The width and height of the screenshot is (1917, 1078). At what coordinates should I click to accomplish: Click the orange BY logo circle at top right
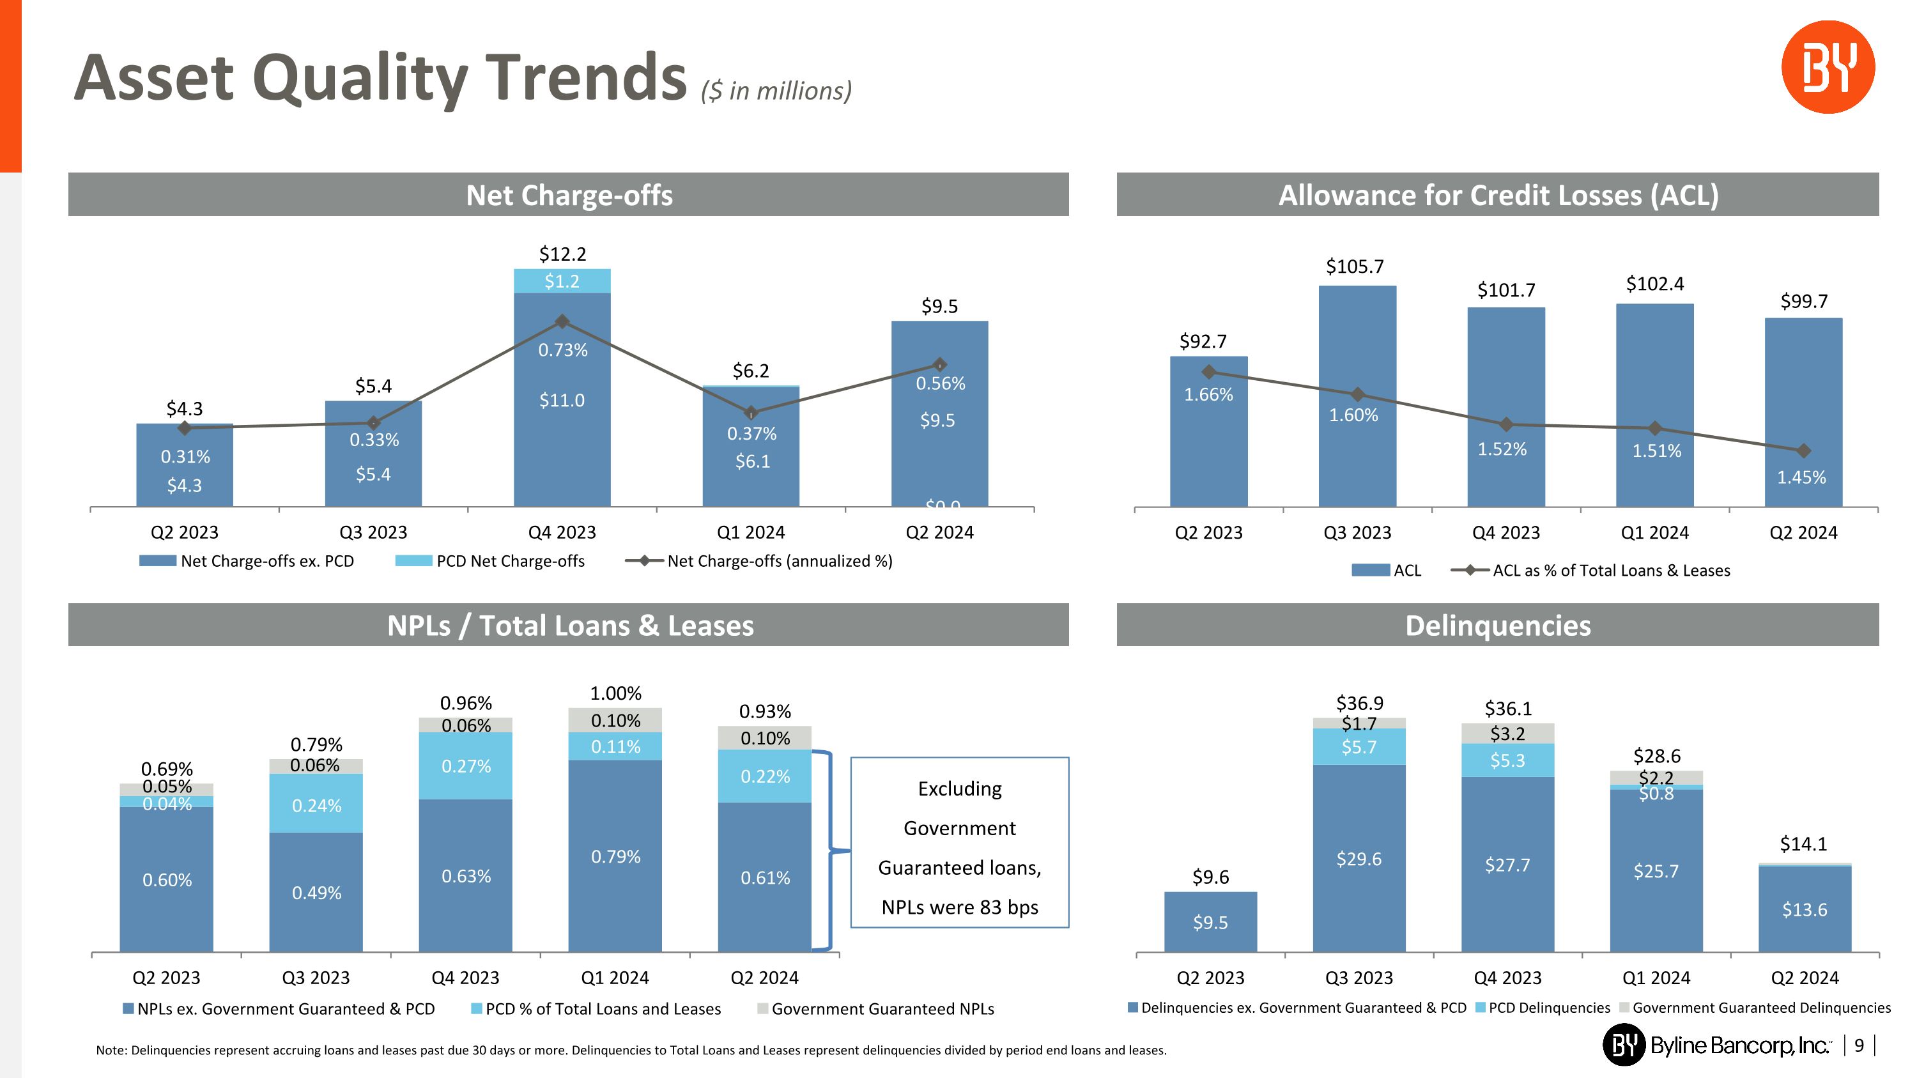click(1827, 67)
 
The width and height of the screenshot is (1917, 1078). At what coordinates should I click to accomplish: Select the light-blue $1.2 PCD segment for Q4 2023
click(562, 281)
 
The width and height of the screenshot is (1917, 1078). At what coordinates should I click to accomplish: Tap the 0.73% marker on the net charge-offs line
click(562, 321)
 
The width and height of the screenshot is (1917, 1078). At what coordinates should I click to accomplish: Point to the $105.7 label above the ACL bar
click(1355, 266)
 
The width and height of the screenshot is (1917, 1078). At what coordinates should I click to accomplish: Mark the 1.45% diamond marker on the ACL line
click(1803, 451)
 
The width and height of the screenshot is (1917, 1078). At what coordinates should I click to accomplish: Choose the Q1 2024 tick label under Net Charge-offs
click(750, 533)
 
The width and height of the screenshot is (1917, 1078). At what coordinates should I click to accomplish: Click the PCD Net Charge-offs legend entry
click(510, 561)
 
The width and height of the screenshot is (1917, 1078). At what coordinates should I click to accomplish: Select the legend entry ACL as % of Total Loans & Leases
click(1610, 571)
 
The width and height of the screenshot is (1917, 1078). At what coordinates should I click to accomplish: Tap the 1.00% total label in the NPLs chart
click(615, 693)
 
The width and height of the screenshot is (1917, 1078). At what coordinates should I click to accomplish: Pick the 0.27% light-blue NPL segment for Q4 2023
click(466, 766)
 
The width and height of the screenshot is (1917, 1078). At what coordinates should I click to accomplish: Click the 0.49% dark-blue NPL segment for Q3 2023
click(316, 892)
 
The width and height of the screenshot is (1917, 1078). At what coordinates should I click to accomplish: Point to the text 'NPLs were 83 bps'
click(959, 907)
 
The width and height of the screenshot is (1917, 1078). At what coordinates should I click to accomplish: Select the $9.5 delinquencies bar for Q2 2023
click(1210, 922)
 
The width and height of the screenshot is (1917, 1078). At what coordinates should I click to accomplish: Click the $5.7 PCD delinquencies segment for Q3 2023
click(1359, 747)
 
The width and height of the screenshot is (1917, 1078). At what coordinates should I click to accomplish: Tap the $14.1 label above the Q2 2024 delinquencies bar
click(1803, 843)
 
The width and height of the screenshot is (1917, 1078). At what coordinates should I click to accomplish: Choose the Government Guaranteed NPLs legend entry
click(882, 1009)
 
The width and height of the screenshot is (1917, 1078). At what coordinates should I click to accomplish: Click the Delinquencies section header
click(1497, 626)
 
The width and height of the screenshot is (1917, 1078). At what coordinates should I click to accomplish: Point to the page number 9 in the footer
click(1858, 1046)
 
